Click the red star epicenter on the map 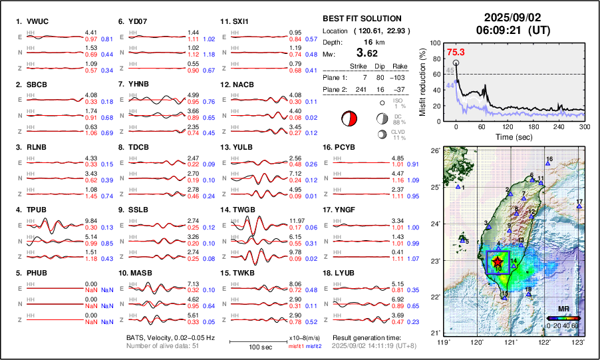click(x=498, y=262)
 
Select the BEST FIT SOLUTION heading click(x=362, y=19)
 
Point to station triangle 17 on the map click(x=579, y=207)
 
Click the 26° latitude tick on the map click(x=436, y=151)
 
